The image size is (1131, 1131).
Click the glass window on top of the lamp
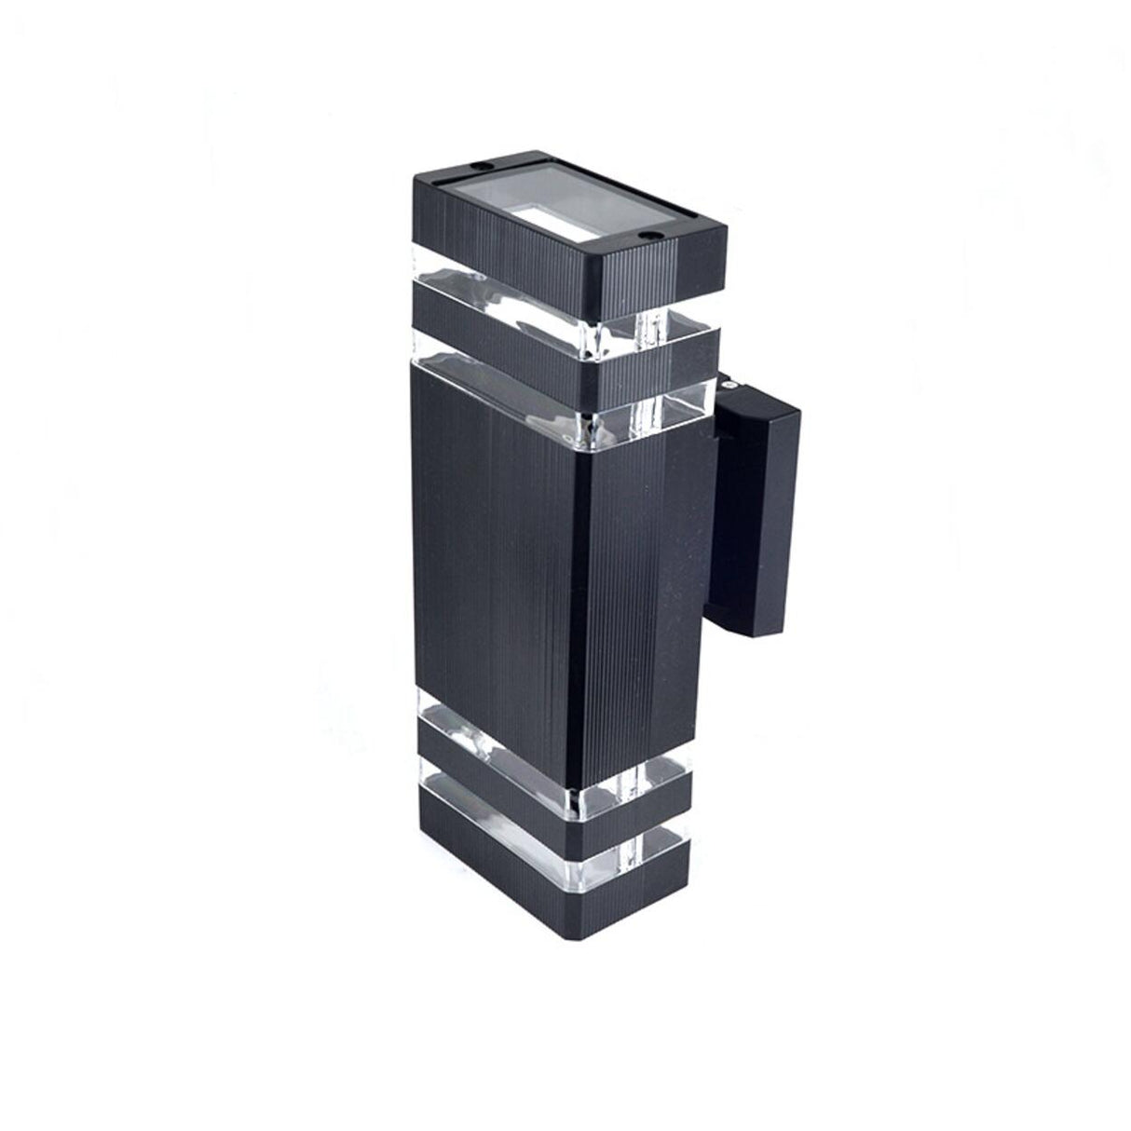(x=559, y=205)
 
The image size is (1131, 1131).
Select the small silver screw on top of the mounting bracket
(x=726, y=381)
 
